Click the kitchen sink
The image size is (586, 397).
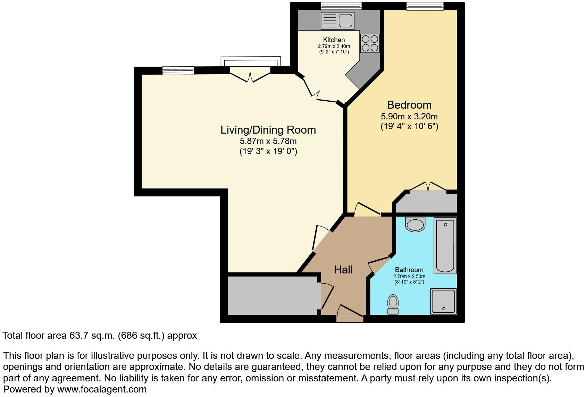338,20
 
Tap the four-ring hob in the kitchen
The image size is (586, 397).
370,43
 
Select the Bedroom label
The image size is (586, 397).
409,105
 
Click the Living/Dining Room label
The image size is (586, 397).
268,130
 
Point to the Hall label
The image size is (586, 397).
343,270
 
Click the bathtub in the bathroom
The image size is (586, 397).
445,246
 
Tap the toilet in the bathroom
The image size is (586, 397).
393,304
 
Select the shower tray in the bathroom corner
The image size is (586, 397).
443,301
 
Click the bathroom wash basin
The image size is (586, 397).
415,225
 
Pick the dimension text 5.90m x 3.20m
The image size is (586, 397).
409,116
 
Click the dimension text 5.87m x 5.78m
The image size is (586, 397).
268,141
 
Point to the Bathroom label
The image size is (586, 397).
409,270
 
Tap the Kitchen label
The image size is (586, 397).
334,40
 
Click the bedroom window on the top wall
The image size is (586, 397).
425,6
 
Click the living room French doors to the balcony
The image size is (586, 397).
250,74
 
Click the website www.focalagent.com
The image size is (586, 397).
102,389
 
